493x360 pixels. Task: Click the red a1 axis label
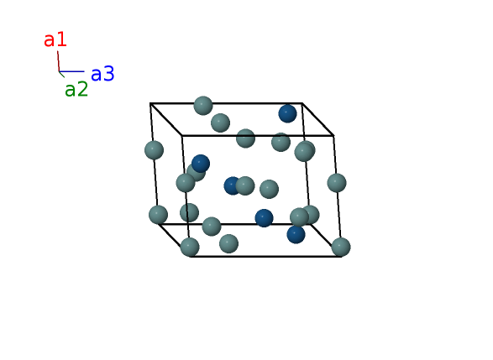tap(55, 40)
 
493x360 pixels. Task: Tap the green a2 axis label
tap(76, 89)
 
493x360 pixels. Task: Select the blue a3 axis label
tap(102, 74)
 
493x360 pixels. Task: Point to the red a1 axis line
tap(59, 61)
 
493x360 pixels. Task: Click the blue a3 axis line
tap(71, 71)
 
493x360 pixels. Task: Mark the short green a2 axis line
tap(61, 75)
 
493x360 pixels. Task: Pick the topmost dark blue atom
tap(288, 113)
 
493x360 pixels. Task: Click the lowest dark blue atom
tap(296, 234)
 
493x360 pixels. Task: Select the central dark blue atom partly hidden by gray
tap(231, 185)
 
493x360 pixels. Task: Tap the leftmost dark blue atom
tap(201, 164)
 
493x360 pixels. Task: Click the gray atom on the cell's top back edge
tap(203, 106)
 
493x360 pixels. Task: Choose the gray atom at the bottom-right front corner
tap(341, 247)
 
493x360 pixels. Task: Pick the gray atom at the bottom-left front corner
tap(190, 247)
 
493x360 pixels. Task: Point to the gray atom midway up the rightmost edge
tap(337, 183)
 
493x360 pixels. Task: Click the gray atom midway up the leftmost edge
tap(154, 150)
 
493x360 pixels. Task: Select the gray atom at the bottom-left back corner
tap(158, 215)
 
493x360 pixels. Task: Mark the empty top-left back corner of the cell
tap(150, 103)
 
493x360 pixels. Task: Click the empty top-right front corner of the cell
tap(333, 135)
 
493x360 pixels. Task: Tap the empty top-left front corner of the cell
tap(182, 136)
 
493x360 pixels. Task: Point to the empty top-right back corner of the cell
tap(302, 103)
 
